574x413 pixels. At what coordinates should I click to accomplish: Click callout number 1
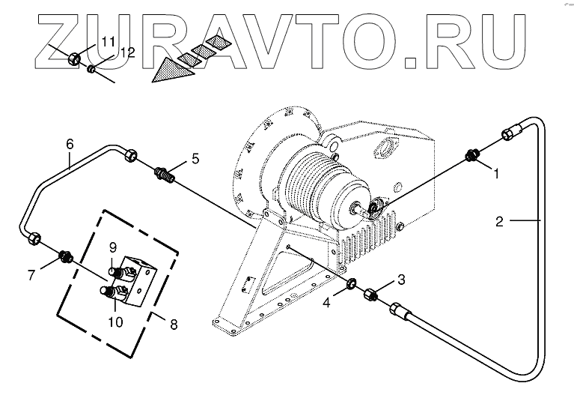pos(495,172)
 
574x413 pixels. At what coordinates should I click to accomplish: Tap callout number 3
pos(401,280)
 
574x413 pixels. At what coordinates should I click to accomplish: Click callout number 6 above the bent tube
pos(70,142)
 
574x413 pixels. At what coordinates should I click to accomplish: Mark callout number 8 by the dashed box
pos(174,325)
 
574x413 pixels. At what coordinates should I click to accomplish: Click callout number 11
pos(108,40)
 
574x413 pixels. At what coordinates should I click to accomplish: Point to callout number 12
pos(128,52)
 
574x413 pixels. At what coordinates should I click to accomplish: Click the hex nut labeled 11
pos(75,58)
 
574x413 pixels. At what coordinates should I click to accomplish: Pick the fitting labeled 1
pos(471,157)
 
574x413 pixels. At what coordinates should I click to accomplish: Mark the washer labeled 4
pos(349,286)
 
